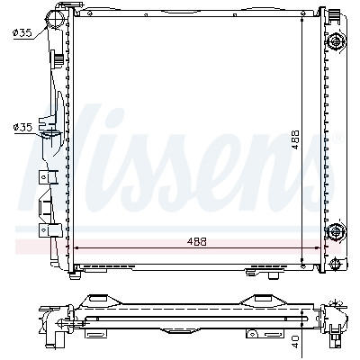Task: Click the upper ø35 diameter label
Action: pyautogui.click(x=22, y=32)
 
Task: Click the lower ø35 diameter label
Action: pyautogui.click(x=22, y=127)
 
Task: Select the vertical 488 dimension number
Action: pyautogui.click(x=295, y=139)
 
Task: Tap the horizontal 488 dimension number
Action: pyautogui.click(x=197, y=241)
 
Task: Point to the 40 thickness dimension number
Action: pyautogui.click(x=295, y=342)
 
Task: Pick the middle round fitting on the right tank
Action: pyautogui.click(x=336, y=231)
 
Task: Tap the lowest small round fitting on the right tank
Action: pyautogui.click(x=335, y=264)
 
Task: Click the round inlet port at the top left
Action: pyautogui.click(x=55, y=17)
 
